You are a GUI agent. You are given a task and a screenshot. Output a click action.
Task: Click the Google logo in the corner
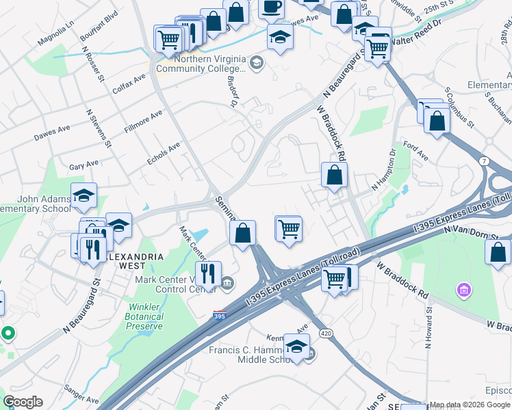pos(23,402)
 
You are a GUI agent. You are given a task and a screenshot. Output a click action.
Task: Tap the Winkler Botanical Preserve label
pos(145,316)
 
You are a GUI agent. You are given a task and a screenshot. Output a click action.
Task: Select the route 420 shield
pos(326,333)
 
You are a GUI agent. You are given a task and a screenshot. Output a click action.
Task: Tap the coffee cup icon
pos(271,8)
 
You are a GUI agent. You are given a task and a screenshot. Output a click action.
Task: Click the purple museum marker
pos(464,292)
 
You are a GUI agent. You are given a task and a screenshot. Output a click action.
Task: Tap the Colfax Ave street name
pos(129,83)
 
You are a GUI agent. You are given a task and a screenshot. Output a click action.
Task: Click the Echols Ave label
pos(164,153)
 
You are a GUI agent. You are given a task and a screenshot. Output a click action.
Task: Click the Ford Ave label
pos(415,152)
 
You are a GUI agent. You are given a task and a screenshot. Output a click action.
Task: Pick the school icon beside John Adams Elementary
pos(84,196)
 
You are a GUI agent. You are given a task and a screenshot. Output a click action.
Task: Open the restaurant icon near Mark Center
pos(208,273)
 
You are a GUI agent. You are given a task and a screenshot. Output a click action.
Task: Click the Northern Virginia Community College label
pos(201,64)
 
